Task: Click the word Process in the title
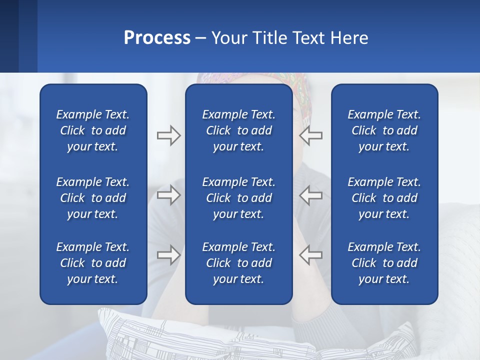pyautogui.click(x=157, y=38)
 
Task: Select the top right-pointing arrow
pyautogui.click(x=168, y=135)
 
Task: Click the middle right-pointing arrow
pyautogui.click(x=168, y=195)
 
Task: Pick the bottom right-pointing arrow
pyautogui.click(x=168, y=255)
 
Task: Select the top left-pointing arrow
pyautogui.click(x=310, y=135)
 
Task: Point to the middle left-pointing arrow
pyautogui.click(x=310, y=195)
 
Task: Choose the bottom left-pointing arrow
pyautogui.click(x=310, y=255)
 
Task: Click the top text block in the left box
pyautogui.click(x=93, y=130)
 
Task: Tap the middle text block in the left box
pyautogui.click(x=93, y=198)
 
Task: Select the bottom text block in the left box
pyautogui.click(x=93, y=263)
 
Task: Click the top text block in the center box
pyautogui.click(x=238, y=130)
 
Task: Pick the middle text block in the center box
pyautogui.click(x=238, y=198)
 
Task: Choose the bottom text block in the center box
pyautogui.click(x=238, y=263)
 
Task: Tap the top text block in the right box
pyautogui.click(x=384, y=130)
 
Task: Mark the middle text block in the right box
pyautogui.click(x=384, y=198)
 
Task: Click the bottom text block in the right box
pyautogui.click(x=384, y=263)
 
